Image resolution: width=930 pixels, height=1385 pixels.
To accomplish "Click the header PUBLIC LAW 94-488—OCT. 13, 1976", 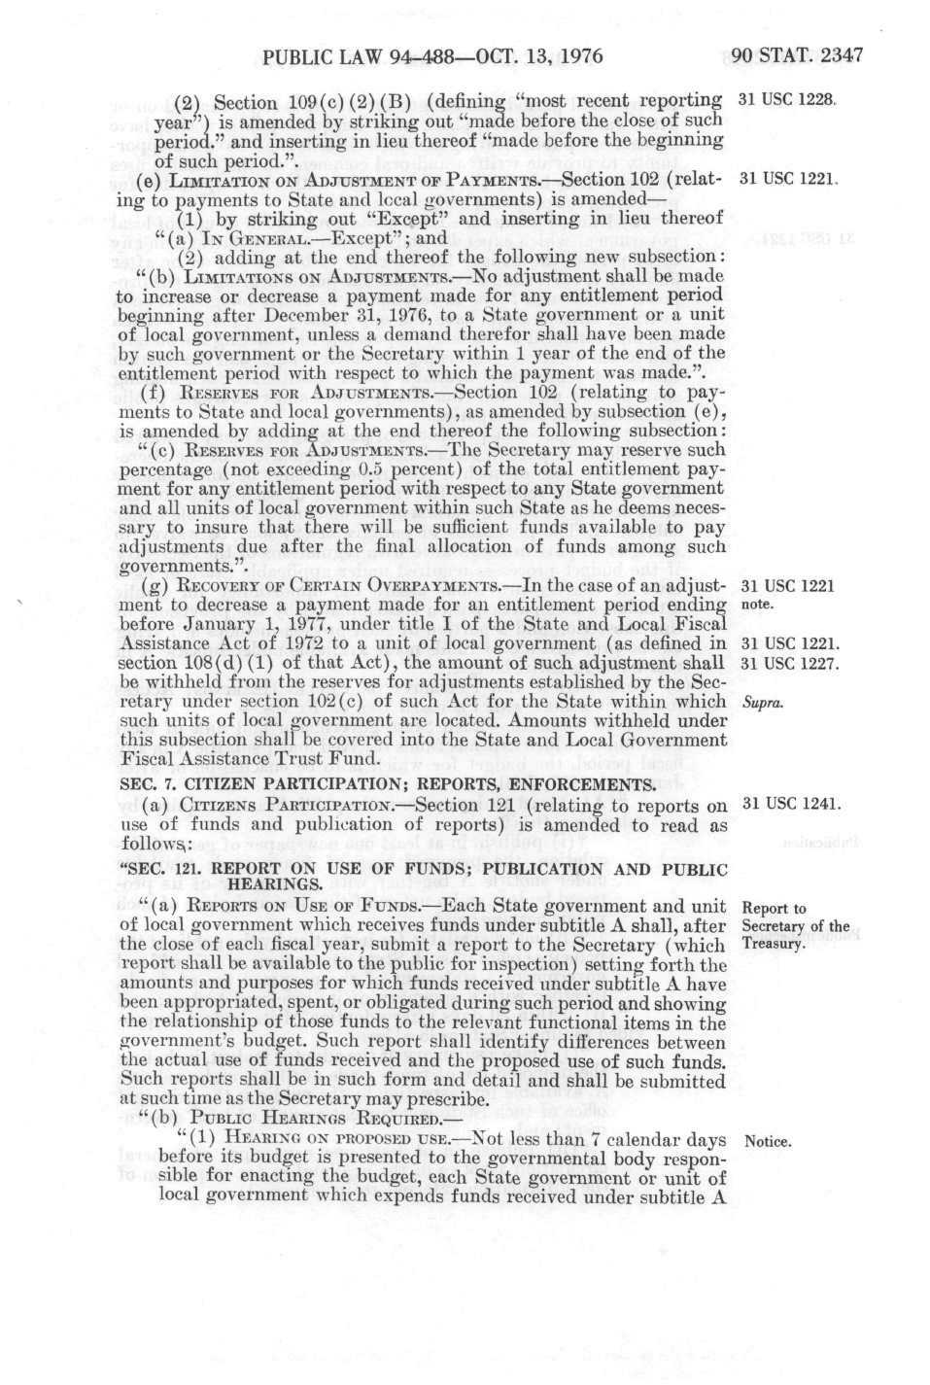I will pos(433,56).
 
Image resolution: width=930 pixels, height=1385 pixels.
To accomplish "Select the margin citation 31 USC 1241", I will pos(790,804).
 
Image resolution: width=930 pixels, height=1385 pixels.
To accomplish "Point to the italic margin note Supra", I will pos(756,701).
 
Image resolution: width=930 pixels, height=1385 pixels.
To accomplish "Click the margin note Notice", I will pos(767,1141).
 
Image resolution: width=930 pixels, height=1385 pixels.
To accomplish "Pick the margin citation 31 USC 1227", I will pos(790,663).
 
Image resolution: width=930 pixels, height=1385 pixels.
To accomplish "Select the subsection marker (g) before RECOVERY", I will pos(154,586).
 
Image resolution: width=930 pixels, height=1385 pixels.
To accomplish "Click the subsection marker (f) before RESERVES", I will pos(153,392).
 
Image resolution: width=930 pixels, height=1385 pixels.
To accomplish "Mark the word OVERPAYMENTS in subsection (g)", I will pos(444,586).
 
